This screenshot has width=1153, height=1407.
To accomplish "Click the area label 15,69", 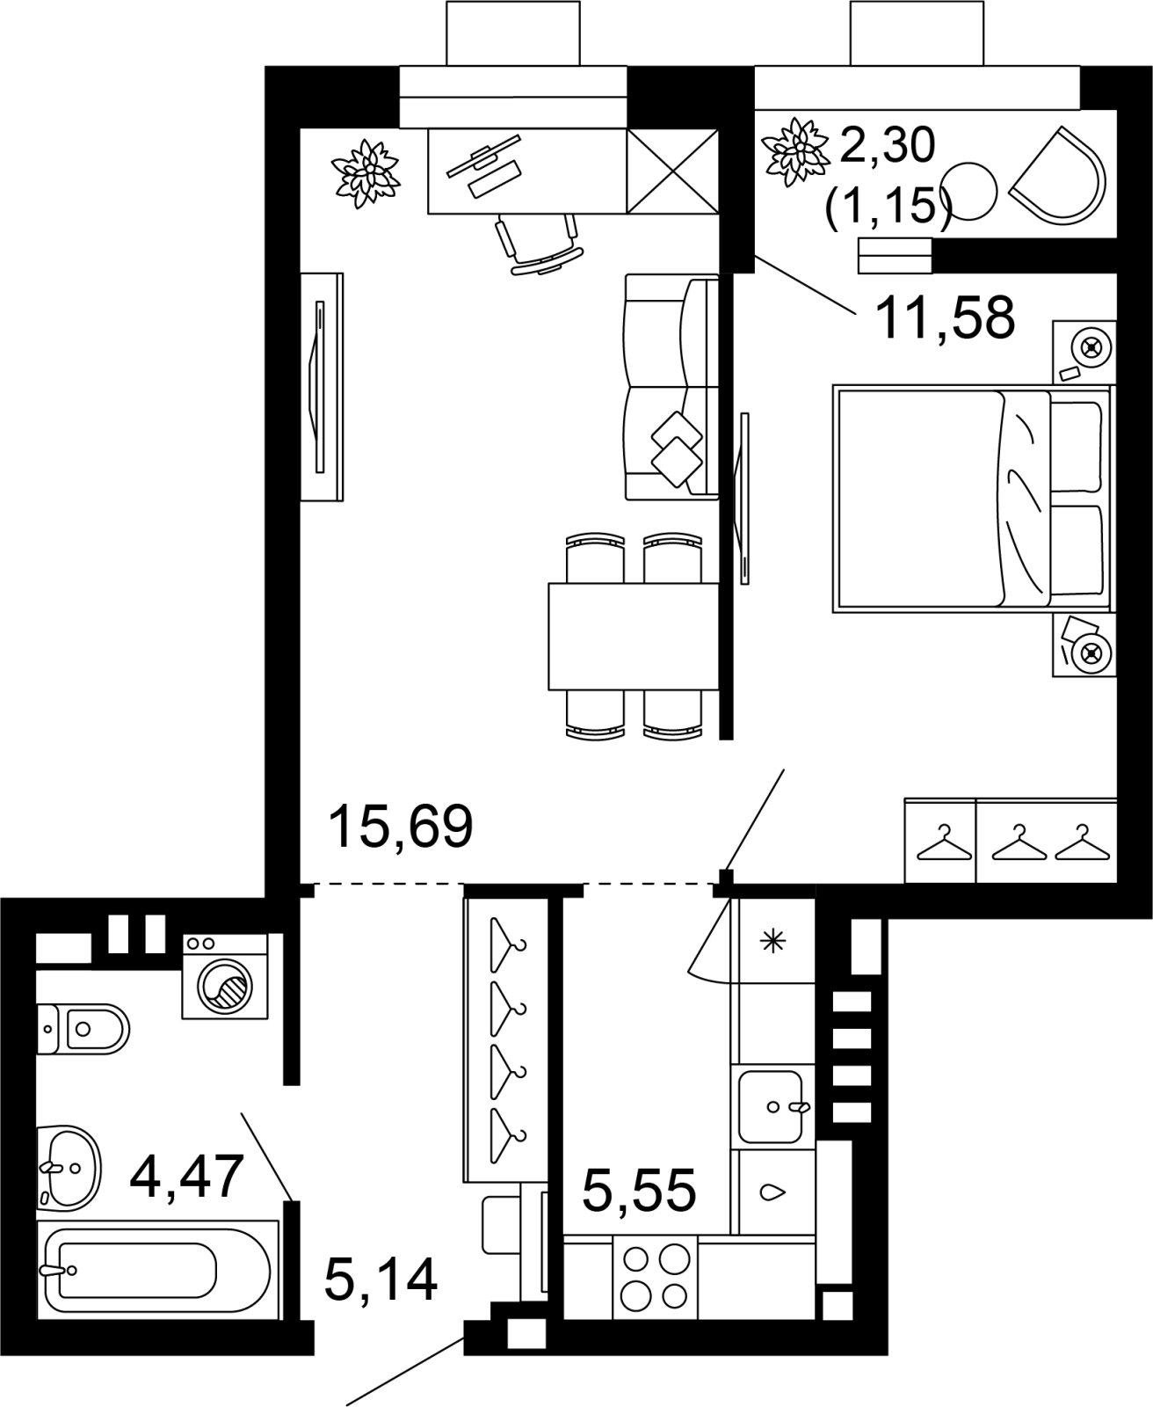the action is point(401,826).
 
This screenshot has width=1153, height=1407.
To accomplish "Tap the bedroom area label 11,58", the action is point(944,318).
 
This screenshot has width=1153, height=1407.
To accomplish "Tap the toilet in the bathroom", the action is point(83,1029).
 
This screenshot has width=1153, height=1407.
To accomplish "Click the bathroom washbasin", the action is point(68,1169).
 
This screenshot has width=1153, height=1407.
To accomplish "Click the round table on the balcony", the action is point(968,191).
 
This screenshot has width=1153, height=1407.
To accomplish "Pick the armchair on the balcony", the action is point(1057,176).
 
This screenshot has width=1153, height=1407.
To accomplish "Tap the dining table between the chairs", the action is point(634,637).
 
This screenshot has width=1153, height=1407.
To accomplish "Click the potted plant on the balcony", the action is point(795,152).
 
